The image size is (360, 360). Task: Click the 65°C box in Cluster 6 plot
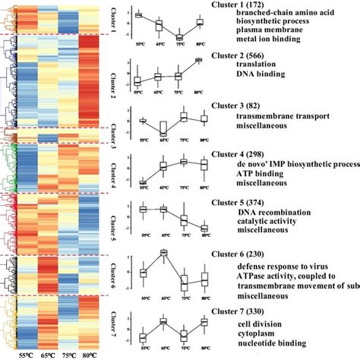(163, 253)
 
